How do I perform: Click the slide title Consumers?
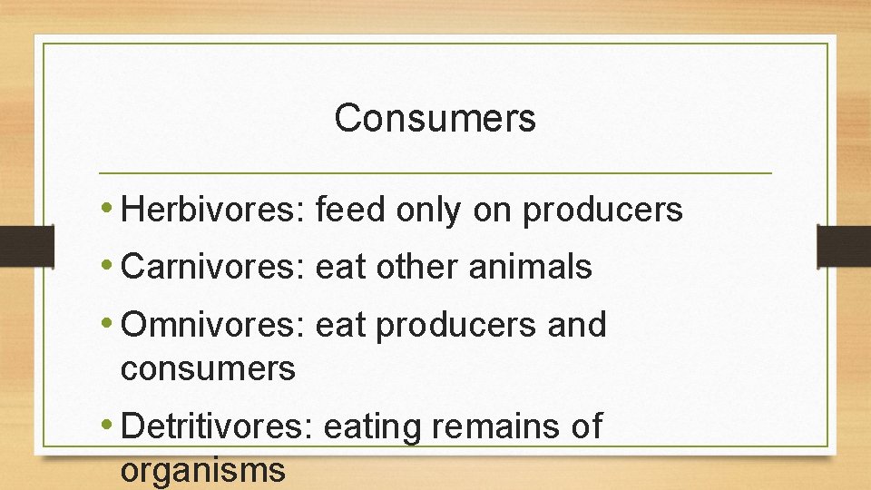435,118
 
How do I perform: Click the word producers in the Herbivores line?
602,211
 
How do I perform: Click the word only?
429,211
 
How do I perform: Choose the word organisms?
202,471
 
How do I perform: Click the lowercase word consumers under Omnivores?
208,369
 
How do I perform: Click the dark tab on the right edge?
843,246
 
